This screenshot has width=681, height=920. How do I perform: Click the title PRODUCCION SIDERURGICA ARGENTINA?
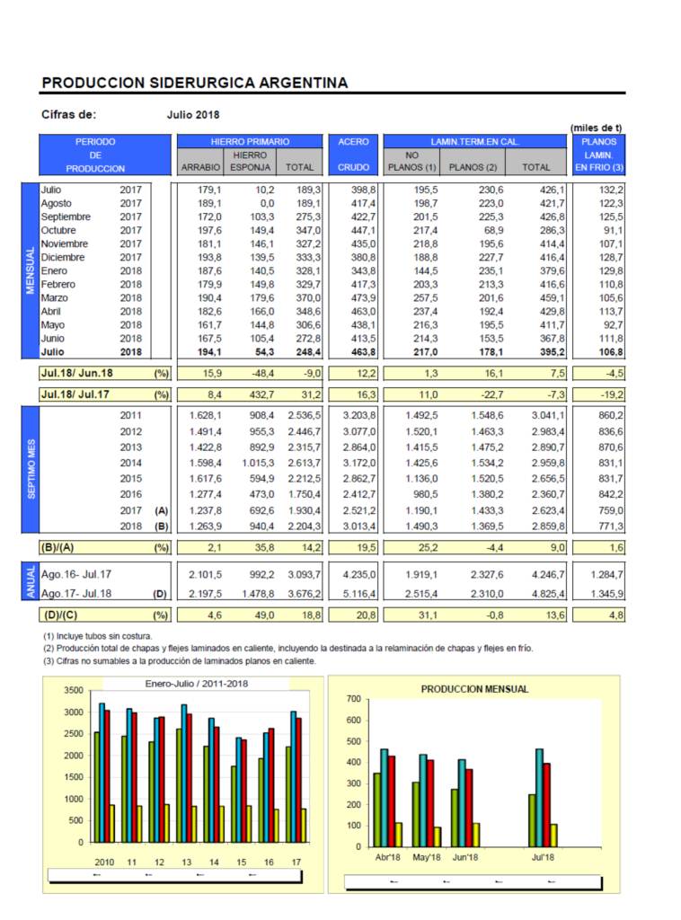click(x=195, y=83)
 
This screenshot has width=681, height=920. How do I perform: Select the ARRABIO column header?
click(x=200, y=167)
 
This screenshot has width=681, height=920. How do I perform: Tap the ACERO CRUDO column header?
click(x=353, y=155)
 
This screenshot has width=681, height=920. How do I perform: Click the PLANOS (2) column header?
click(x=473, y=167)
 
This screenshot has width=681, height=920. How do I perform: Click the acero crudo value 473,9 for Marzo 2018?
click(x=363, y=298)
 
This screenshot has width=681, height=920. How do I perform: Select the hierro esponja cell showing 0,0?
click(x=267, y=204)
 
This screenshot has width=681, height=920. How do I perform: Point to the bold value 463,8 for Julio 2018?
click(x=363, y=352)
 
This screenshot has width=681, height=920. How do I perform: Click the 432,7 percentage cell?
click(x=261, y=395)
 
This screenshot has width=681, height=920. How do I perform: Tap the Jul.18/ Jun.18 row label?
click(x=77, y=373)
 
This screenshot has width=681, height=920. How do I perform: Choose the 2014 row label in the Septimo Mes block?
click(x=131, y=463)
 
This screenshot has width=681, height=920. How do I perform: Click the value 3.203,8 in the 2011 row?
click(x=359, y=415)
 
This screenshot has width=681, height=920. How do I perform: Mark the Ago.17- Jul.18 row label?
click(x=76, y=594)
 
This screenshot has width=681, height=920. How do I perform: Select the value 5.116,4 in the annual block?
click(x=359, y=594)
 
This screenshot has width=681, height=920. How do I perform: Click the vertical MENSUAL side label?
click(x=31, y=270)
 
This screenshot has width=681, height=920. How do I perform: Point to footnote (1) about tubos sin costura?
click(x=97, y=636)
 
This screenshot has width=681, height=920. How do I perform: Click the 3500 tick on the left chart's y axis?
click(x=74, y=691)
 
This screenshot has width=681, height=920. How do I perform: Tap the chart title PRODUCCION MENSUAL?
click(x=474, y=689)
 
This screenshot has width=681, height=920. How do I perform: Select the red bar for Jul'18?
click(x=546, y=805)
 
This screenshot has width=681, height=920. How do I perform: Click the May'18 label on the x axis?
click(x=427, y=857)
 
